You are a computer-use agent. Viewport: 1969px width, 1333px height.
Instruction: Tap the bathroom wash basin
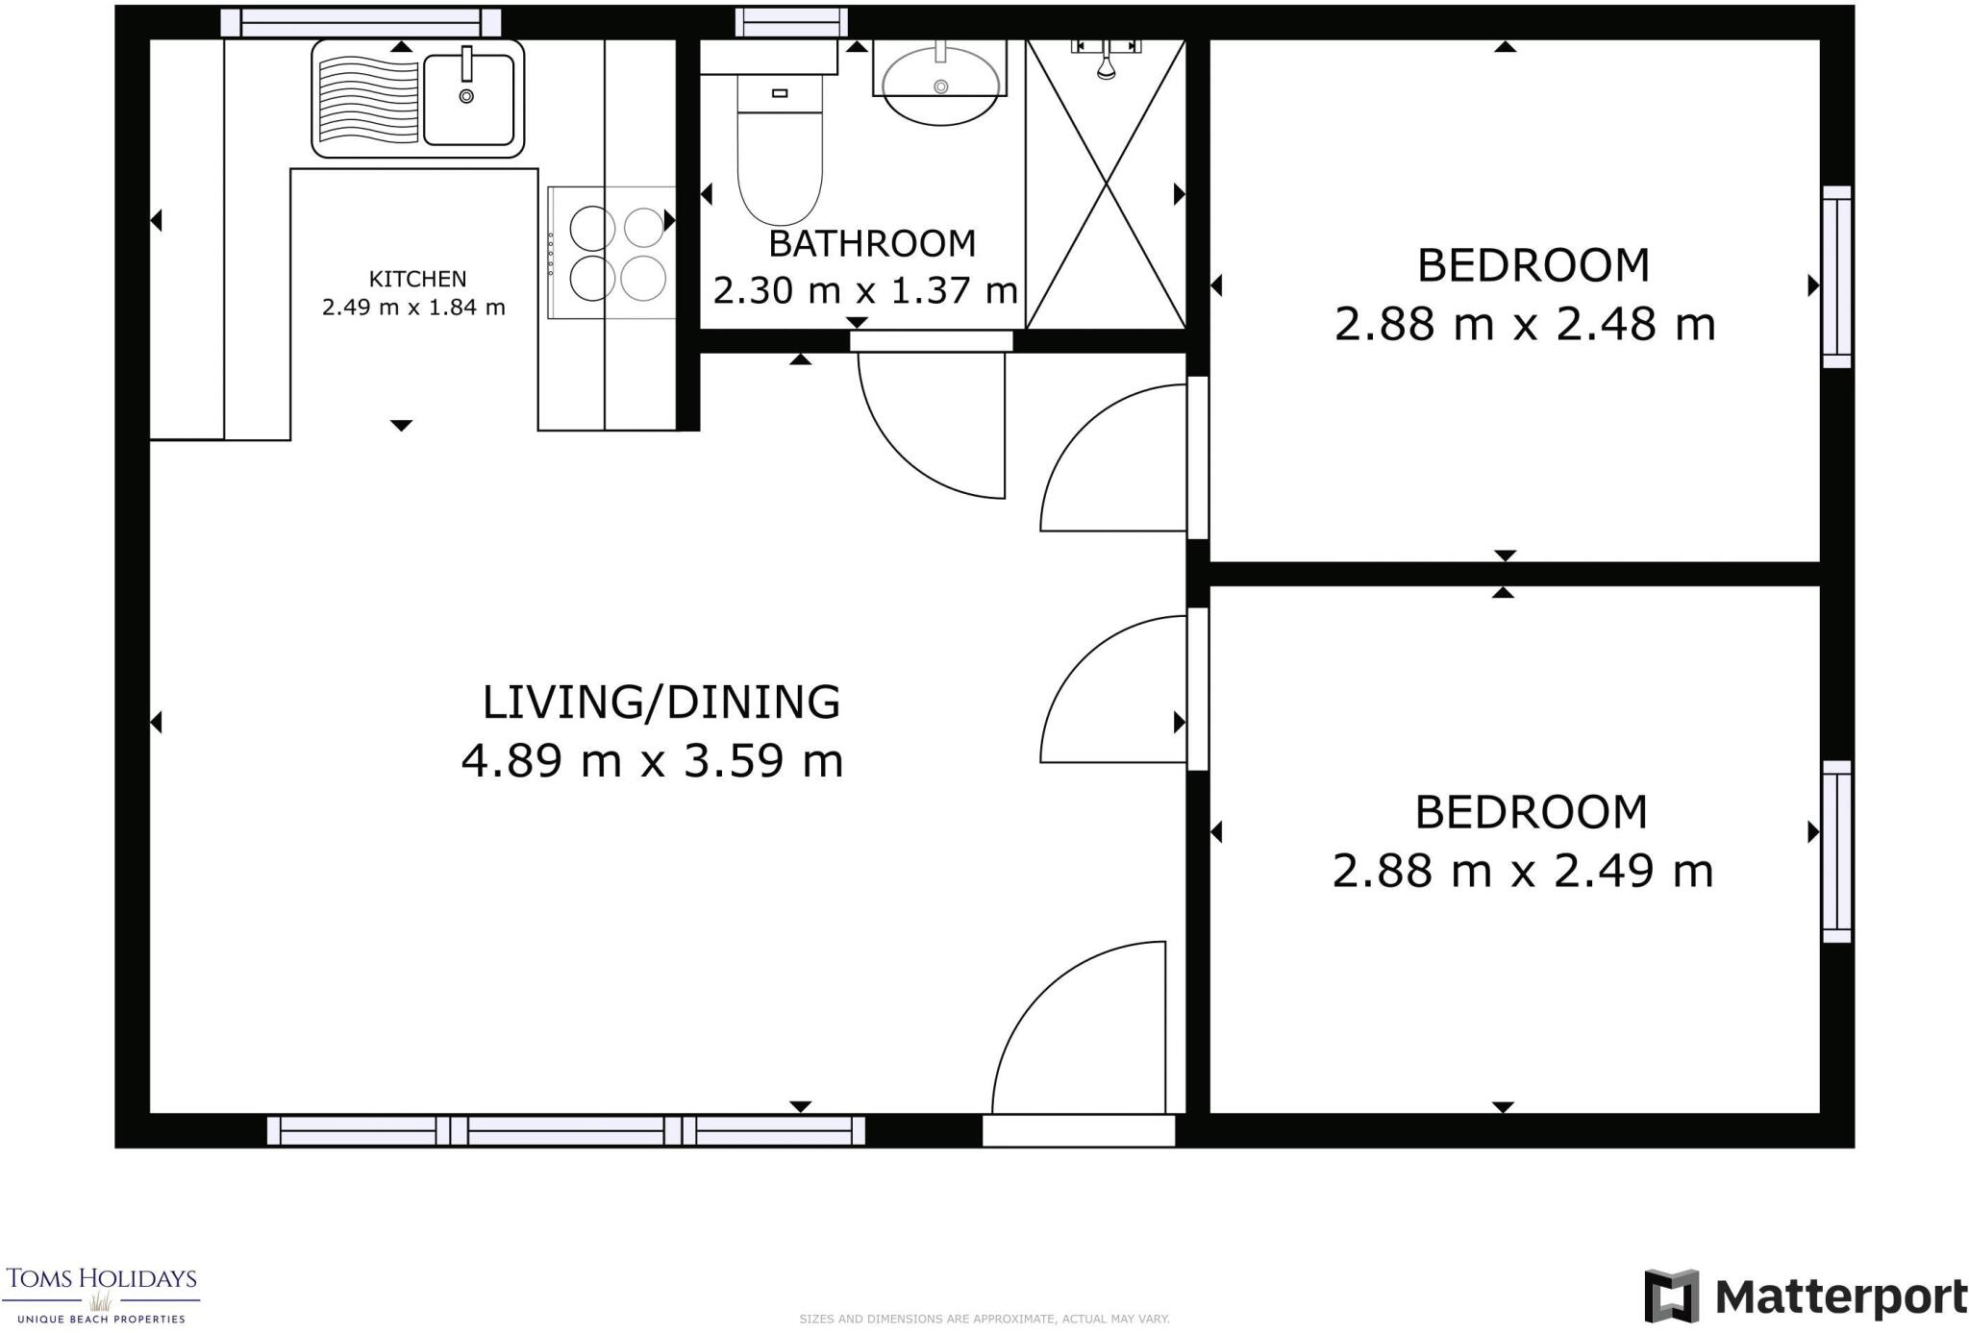click(x=940, y=86)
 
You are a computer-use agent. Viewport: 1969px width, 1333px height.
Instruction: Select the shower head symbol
click(x=1106, y=63)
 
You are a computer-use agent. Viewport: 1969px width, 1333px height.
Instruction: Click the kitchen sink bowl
click(x=469, y=99)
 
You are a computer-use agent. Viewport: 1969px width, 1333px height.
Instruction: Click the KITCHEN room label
click(x=417, y=279)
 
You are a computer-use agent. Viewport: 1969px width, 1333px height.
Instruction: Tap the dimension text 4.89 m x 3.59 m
click(x=652, y=761)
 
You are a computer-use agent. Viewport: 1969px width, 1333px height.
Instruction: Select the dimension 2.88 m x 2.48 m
click(x=1524, y=324)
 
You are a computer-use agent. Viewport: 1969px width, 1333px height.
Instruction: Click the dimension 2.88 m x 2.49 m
click(x=1522, y=872)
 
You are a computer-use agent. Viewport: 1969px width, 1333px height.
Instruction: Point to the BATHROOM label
click(x=872, y=244)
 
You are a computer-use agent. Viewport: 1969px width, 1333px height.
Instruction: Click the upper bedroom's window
click(x=1836, y=277)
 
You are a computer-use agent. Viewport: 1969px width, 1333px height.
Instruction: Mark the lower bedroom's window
click(x=1836, y=852)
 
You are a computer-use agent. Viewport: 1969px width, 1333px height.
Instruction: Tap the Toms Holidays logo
click(x=101, y=1293)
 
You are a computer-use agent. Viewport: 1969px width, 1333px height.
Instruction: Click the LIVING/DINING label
click(x=660, y=703)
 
